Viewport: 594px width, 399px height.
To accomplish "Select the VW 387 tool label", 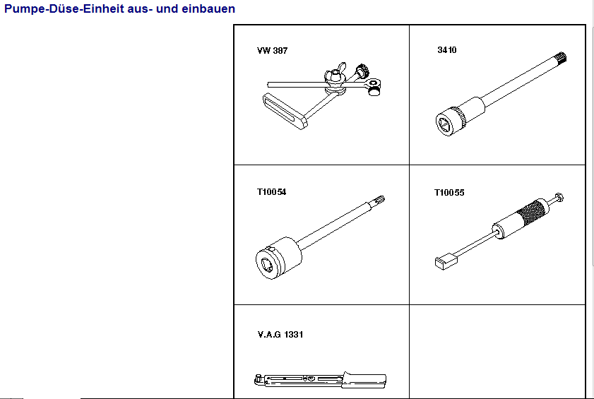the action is coord(272,50).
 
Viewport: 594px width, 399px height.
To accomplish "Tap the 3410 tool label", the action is coord(447,50).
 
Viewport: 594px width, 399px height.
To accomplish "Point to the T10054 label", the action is coord(272,192).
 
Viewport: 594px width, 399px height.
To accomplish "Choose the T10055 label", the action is coord(449,193).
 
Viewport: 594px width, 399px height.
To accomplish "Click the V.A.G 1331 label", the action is coord(280,334).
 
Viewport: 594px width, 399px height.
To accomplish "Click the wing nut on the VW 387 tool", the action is coord(335,72).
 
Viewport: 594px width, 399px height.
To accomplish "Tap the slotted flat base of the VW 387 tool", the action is coord(285,112).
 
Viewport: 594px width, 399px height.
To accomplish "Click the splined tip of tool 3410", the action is coord(560,58).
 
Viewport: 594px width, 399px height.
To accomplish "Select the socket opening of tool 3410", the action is coord(444,124).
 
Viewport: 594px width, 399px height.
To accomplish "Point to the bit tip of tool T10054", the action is coord(379,200).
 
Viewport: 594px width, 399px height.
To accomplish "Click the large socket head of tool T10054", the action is coord(278,258).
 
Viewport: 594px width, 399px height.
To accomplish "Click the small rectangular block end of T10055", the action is coord(446,261).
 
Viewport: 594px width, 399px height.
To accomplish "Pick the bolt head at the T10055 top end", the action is coord(559,198).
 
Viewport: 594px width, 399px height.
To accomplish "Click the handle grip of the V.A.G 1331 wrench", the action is coord(364,380).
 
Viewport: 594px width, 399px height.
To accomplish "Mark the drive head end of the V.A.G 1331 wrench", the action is coord(259,379).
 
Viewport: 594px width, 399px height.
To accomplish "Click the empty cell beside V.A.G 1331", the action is coord(497,351).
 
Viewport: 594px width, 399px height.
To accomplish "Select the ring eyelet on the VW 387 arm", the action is coord(373,82).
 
